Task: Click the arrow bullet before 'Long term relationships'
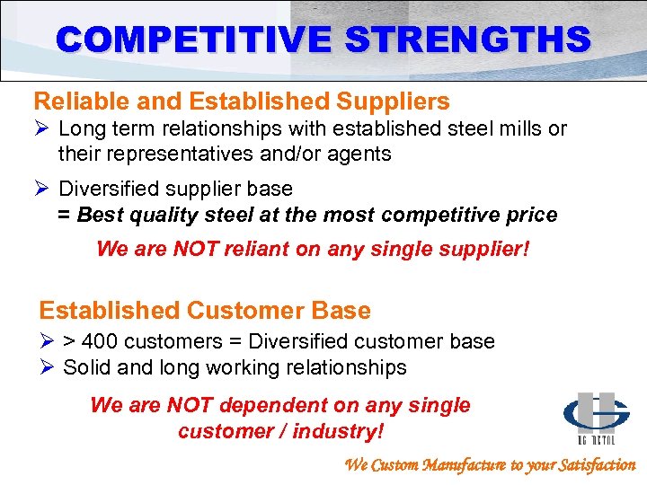[42, 129]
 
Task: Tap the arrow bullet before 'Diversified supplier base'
[42, 190]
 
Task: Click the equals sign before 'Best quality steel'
[64, 216]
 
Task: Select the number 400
[102, 341]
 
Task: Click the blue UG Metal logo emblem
[596, 415]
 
